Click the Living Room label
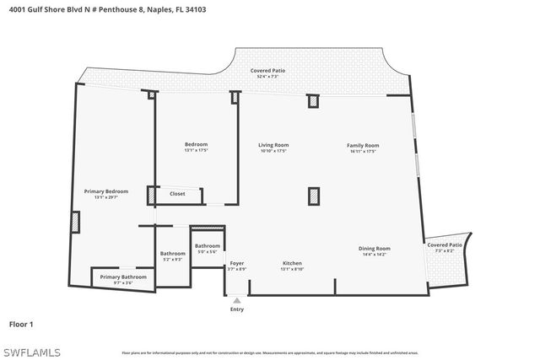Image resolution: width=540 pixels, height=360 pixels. (x=273, y=145)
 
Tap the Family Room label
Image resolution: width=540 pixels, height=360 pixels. (x=363, y=145)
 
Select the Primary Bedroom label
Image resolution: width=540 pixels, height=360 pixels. (x=105, y=191)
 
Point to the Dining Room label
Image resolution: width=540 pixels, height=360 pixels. (x=374, y=248)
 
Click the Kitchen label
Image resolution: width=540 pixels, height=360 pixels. (x=291, y=263)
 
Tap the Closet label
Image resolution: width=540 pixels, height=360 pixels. (x=177, y=194)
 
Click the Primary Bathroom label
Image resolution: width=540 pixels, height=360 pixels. (x=123, y=277)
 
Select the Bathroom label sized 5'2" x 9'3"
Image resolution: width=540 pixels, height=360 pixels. (x=173, y=253)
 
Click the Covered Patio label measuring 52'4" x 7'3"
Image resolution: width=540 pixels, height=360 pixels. (x=267, y=70)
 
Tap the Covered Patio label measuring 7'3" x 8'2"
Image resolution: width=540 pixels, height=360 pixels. (x=444, y=244)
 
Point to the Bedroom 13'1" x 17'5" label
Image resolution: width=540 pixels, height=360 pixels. (x=196, y=144)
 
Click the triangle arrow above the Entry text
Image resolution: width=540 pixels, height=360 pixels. (x=237, y=299)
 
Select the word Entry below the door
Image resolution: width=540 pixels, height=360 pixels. (x=237, y=309)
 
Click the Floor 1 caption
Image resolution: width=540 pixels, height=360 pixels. (x=21, y=324)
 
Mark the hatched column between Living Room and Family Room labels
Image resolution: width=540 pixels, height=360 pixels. (x=313, y=196)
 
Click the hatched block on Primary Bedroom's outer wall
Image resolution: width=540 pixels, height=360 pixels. (x=75, y=222)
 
